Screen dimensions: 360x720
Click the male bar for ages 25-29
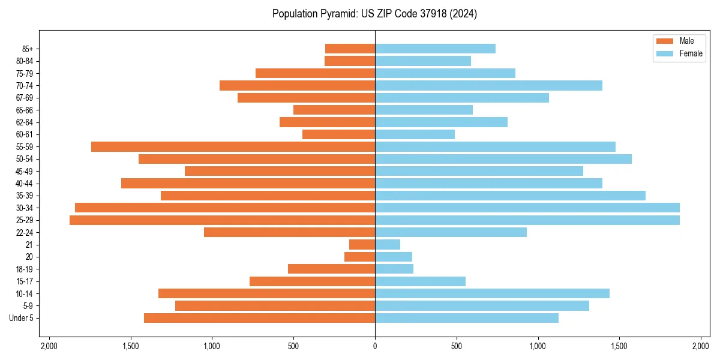pyautogui.click(x=222, y=220)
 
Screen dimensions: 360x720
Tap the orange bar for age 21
pyautogui.click(x=362, y=245)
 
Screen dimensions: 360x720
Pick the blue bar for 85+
pyautogui.click(x=435, y=49)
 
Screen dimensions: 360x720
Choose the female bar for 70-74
pyautogui.click(x=488, y=85)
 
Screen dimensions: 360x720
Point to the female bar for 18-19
pyautogui.click(x=394, y=269)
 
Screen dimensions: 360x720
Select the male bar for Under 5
pyautogui.click(x=259, y=318)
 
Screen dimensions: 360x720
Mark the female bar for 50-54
pyautogui.click(x=503, y=159)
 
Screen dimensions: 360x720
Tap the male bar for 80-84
pyautogui.click(x=350, y=61)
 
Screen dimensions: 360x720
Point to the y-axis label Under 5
pyautogui.click(x=22, y=318)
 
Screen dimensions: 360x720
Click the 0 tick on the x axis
pyautogui.click(x=375, y=346)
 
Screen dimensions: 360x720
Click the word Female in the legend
pyautogui.click(x=691, y=53)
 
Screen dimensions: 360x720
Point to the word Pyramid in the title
pyautogui.click(x=336, y=14)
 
